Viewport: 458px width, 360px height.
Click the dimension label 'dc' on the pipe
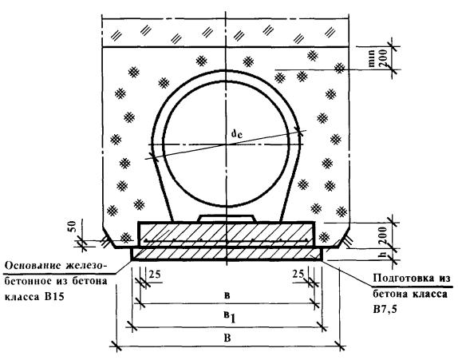coord(237,134)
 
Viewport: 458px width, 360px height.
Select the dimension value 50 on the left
coord(72,227)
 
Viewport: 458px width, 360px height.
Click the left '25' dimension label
coord(155,275)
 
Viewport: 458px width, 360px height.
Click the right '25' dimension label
coord(298,274)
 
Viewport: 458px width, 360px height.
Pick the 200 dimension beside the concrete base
coord(383,235)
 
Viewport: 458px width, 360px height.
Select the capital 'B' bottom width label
coord(227,338)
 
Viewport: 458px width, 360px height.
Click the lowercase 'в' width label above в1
coord(227,295)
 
